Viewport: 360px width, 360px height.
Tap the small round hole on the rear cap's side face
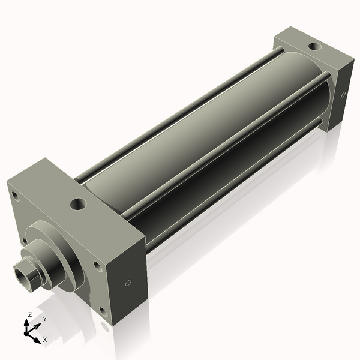pos(343,94)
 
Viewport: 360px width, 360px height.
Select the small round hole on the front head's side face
pos(127,283)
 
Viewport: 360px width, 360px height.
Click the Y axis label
pos(44,319)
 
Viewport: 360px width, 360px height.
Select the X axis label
pos(44,340)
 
